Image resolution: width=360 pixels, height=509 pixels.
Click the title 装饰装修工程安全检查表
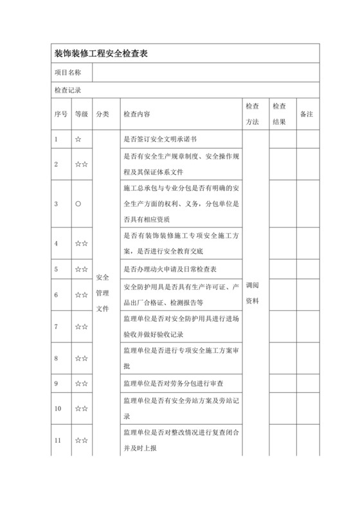[x=102, y=55]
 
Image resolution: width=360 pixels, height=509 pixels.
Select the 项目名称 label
[x=67, y=73]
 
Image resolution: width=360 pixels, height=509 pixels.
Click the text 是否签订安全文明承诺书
[x=159, y=138]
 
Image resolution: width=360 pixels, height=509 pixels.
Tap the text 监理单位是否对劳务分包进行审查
[x=172, y=384]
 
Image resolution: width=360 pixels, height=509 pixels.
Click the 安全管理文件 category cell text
[x=102, y=293]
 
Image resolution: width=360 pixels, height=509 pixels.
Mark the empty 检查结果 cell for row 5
[x=280, y=269]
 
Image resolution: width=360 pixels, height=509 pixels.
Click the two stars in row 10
[x=81, y=408]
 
